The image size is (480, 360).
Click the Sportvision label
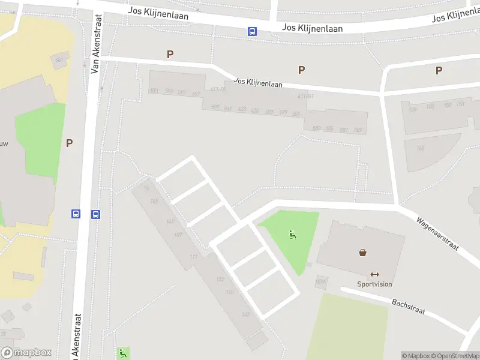tap(375, 284)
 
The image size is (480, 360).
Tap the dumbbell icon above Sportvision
tap(375, 274)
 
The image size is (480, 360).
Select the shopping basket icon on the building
tap(363, 253)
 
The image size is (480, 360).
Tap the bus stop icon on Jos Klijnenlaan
tap(253, 32)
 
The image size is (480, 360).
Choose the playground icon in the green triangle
tap(293, 235)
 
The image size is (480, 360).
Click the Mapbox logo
tap(26, 352)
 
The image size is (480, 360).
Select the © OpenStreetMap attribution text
tap(454, 356)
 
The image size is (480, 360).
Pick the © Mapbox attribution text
tap(416, 356)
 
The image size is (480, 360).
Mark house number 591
tap(155, 91)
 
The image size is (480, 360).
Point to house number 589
tap(358, 130)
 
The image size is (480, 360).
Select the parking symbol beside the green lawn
tap(69, 143)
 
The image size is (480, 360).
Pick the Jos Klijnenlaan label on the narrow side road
tap(258, 83)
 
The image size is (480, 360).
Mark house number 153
tap(460, 104)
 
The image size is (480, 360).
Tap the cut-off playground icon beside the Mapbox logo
tap(123, 353)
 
